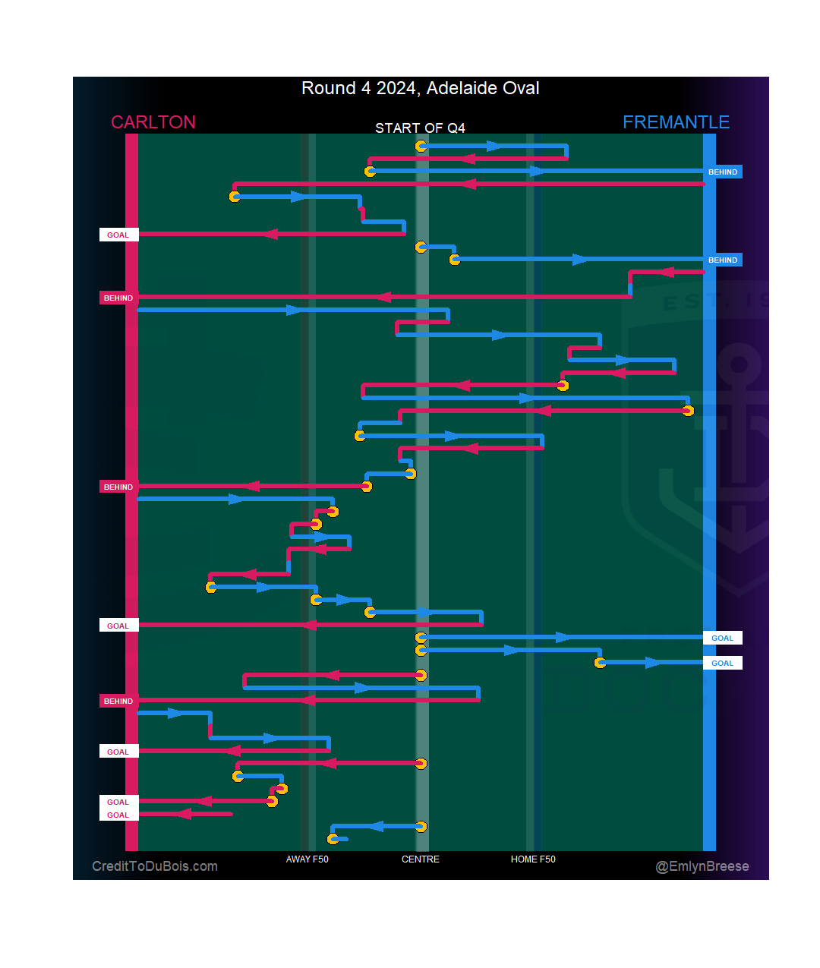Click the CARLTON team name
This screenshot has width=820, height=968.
click(x=153, y=122)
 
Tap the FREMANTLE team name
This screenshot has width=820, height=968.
click(x=676, y=122)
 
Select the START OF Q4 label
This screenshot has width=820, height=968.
click(x=420, y=128)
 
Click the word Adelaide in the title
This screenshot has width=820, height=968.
click(x=460, y=88)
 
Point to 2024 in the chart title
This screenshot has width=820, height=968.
click(x=396, y=88)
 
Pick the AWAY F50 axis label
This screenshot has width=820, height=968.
click(x=307, y=859)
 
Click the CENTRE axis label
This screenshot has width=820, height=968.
click(x=421, y=859)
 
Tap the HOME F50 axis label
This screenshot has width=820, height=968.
click(x=533, y=859)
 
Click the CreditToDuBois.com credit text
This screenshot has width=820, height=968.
click(x=155, y=866)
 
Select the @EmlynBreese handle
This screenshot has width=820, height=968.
click(x=702, y=866)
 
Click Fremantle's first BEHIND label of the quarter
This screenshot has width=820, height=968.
click(x=723, y=172)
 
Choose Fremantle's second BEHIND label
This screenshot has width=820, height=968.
click(x=723, y=260)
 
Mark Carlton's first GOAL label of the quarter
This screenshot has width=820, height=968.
click(x=118, y=235)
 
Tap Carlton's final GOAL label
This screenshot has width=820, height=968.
click(x=118, y=815)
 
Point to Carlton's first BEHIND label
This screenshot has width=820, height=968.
click(x=118, y=298)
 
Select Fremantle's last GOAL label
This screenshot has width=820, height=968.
click(x=722, y=664)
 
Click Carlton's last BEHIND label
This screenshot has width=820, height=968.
click(x=118, y=702)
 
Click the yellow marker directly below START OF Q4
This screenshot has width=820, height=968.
click(x=421, y=146)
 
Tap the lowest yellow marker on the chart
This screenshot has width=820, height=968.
click(x=333, y=839)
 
